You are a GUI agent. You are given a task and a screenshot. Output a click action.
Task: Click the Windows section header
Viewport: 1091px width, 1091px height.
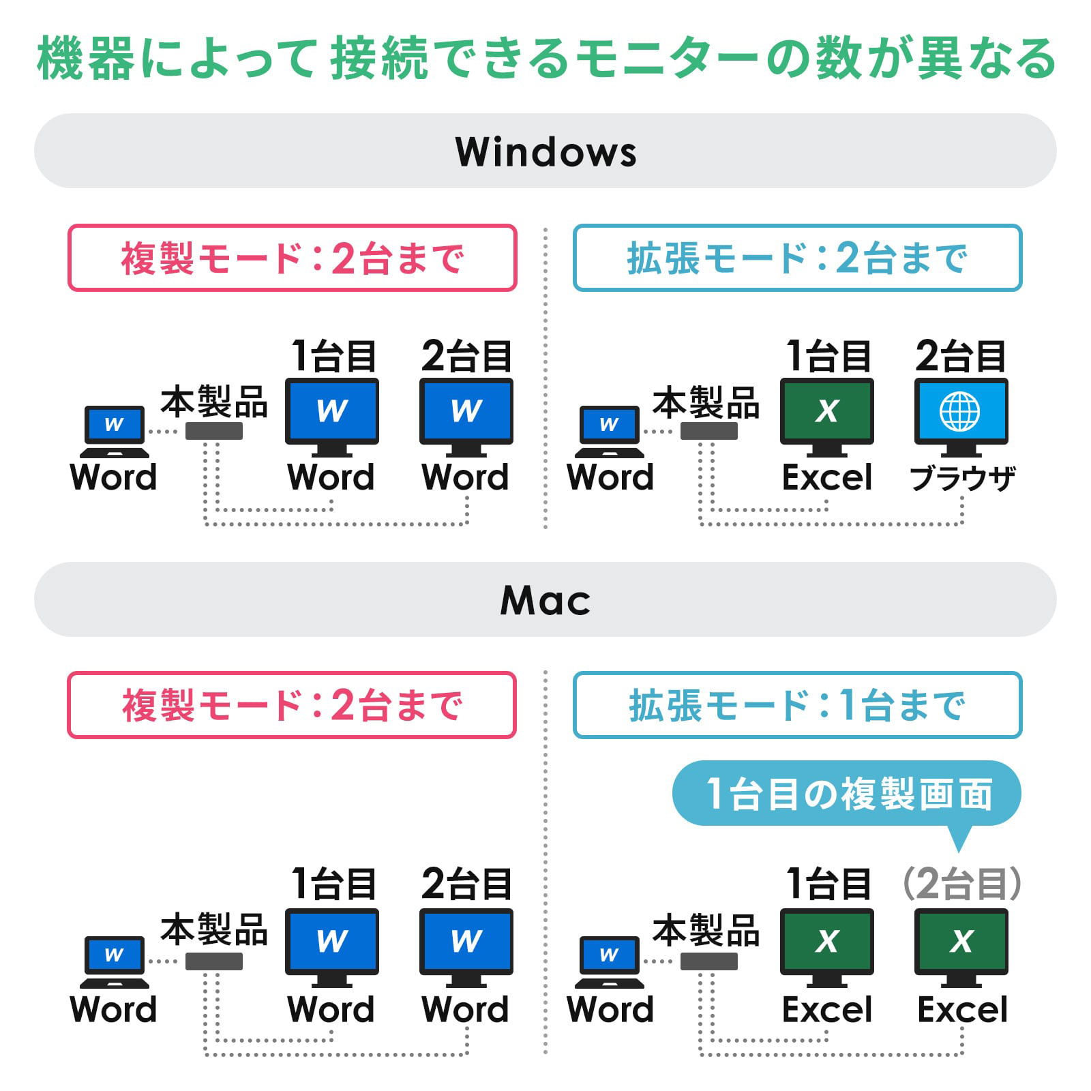pyautogui.click(x=545, y=151)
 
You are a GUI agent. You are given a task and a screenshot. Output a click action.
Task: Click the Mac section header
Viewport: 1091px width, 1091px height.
pyautogui.click(x=545, y=599)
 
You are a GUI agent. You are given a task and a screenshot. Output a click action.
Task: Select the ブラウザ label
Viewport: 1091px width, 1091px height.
pyautogui.click(x=962, y=478)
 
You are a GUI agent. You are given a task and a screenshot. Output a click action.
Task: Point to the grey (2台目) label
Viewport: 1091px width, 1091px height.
pyautogui.click(x=961, y=884)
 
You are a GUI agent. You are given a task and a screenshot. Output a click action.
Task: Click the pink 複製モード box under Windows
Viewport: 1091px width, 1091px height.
pyautogui.click(x=293, y=258)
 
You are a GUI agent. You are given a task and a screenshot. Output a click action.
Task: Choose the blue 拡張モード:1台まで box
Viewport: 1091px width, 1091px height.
pyautogui.click(x=798, y=705)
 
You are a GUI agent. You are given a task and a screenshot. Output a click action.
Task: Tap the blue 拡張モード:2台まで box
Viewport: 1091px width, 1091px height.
pyautogui.click(x=798, y=258)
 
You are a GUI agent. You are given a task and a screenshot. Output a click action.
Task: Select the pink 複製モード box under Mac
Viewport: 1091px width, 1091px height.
pyautogui.click(x=292, y=705)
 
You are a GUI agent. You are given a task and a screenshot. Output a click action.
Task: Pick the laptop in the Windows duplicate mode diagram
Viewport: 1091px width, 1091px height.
pyautogui.click(x=114, y=432)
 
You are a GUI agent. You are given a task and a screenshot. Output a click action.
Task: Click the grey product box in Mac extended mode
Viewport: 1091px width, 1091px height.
pyautogui.click(x=709, y=961)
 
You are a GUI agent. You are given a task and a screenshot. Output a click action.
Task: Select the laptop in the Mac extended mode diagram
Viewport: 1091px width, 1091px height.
pyautogui.click(x=609, y=962)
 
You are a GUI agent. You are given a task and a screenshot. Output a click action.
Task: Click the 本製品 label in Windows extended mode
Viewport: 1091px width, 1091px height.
pyautogui.click(x=706, y=402)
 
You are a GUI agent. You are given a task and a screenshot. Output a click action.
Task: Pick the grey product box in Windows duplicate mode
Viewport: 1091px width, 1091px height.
pyautogui.click(x=214, y=430)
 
